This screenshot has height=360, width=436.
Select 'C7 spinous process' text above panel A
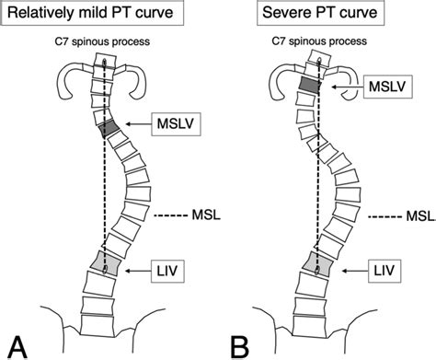point(104,44)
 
